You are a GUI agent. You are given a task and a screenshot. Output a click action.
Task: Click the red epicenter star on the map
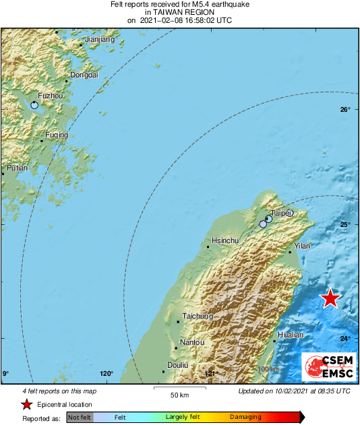point(330,298)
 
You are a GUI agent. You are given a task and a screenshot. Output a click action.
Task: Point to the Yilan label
point(302,247)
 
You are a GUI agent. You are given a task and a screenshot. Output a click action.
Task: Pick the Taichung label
point(198,316)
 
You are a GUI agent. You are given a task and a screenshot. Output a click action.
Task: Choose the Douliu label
point(177,364)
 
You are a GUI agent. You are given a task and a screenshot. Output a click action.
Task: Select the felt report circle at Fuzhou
point(34,105)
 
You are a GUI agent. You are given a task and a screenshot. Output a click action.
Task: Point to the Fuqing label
point(57,135)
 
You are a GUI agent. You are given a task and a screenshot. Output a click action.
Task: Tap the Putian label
point(18,168)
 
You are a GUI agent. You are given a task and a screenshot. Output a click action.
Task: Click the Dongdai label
point(84,75)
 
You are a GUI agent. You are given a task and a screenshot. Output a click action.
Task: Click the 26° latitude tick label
point(344,110)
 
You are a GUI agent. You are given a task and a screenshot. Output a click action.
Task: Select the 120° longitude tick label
point(107,374)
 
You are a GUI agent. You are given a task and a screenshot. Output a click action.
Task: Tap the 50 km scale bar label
point(179,394)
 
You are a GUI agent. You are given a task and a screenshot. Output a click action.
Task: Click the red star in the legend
point(26,405)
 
